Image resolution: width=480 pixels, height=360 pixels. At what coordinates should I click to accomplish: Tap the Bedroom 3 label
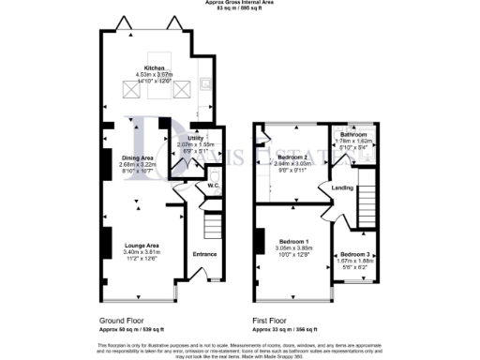pos(354,254)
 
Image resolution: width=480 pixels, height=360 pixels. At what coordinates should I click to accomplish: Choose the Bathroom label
pos(354,133)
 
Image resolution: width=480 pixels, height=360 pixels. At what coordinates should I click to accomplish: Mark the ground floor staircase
pos(212,225)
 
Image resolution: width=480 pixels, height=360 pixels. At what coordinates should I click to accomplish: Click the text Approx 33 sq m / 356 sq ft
pos(292,329)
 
